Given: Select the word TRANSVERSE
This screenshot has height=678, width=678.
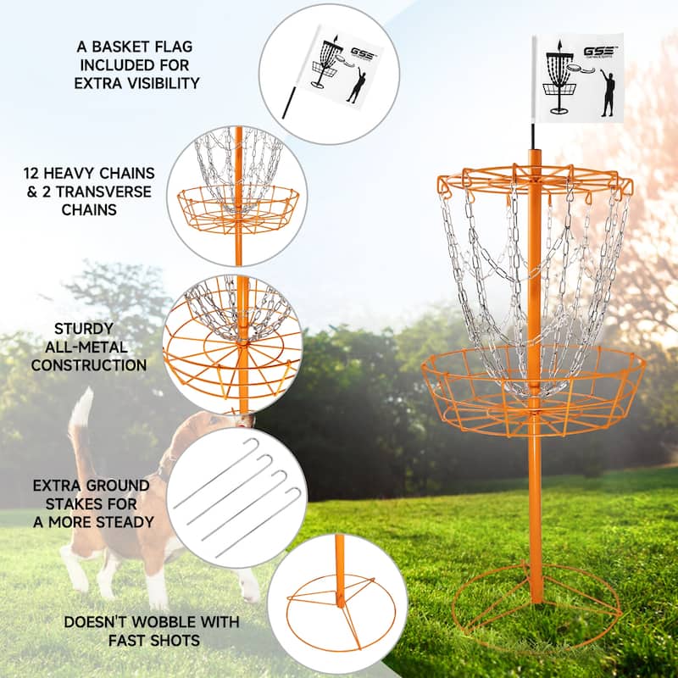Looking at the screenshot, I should pyautogui.click(x=106, y=191).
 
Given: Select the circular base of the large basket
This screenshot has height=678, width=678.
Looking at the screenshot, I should pyautogui.click(x=536, y=607).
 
